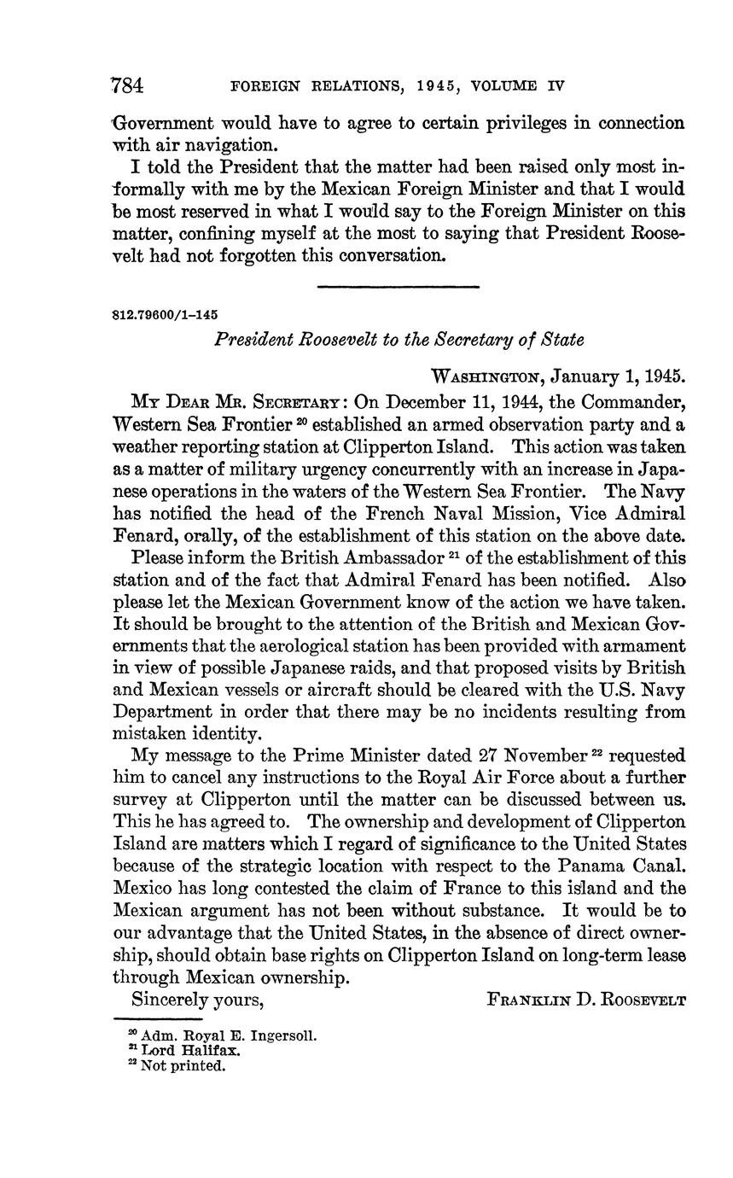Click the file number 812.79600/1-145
(159, 314)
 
